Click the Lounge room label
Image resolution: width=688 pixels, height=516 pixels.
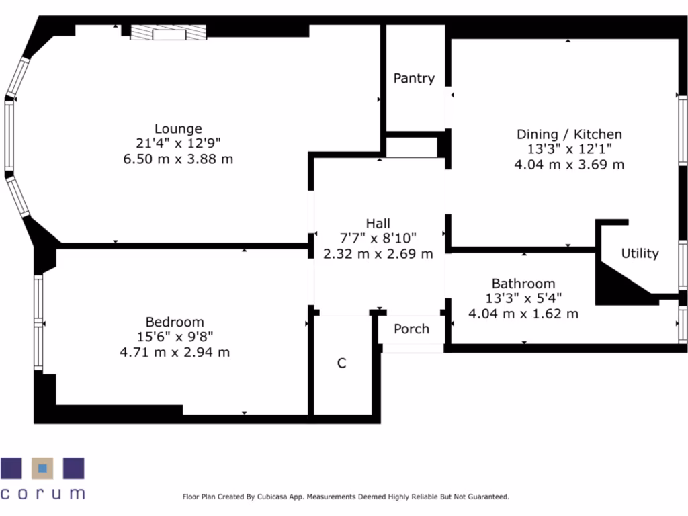(x=178, y=128)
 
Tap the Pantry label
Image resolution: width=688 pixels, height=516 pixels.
(x=414, y=79)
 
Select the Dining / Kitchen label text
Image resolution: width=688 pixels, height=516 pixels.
(x=569, y=134)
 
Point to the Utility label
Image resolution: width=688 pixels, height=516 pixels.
(x=640, y=253)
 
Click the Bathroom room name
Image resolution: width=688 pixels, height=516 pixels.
(x=523, y=284)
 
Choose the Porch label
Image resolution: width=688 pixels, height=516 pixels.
(x=411, y=329)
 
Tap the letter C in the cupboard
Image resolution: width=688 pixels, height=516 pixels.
(x=341, y=363)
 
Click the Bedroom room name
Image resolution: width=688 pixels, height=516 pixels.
(x=175, y=322)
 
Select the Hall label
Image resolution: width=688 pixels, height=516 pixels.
(x=378, y=223)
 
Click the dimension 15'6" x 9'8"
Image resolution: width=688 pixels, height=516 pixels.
(x=175, y=337)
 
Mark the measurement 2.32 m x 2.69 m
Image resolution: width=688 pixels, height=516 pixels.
(x=378, y=254)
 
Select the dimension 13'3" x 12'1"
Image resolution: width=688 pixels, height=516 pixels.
(x=569, y=149)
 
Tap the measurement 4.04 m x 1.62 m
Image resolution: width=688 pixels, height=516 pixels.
(x=523, y=314)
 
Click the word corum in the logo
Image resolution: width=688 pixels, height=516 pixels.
(x=43, y=493)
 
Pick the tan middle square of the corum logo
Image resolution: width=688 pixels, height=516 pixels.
(x=43, y=468)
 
